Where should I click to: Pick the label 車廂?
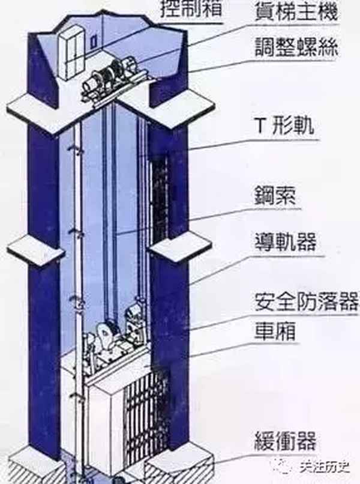pos(277,331)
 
